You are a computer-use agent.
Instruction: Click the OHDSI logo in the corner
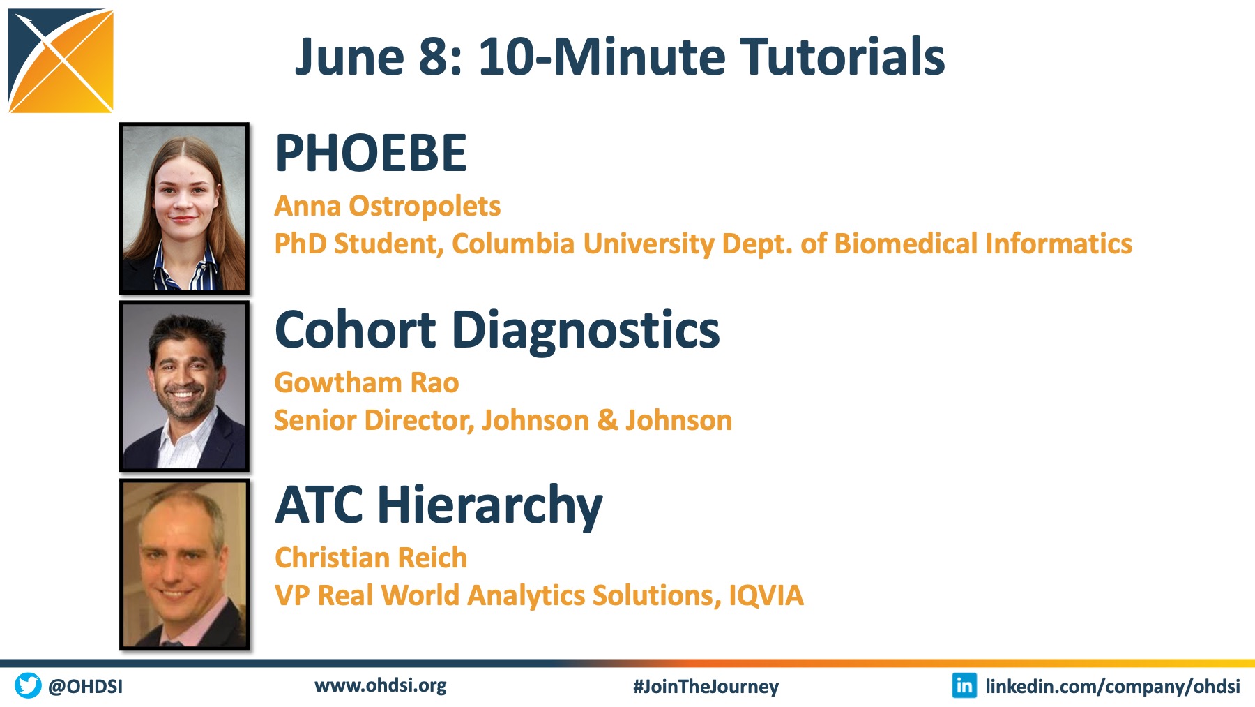[x=61, y=61]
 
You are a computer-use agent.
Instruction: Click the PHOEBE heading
[x=371, y=153]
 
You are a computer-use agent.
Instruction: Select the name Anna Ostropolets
[x=388, y=207]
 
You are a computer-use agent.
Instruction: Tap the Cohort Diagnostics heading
[x=497, y=329]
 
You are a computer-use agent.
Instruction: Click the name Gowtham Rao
[x=367, y=383]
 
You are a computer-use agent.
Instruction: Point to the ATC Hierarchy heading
[x=439, y=505]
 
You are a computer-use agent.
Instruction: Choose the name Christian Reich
[x=371, y=558]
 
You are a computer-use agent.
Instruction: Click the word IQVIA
[x=766, y=595]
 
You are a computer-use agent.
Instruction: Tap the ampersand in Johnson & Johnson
[x=607, y=420]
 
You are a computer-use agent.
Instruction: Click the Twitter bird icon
[x=28, y=685]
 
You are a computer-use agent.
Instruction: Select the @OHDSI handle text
[x=85, y=687]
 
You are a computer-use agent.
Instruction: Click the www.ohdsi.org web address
[x=381, y=685]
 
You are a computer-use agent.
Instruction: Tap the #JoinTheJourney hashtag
[x=706, y=687]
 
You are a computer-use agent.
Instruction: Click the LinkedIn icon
[x=964, y=685]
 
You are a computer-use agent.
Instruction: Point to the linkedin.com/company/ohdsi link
[x=1113, y=687]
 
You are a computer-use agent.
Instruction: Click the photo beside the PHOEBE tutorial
[x=184, y=208]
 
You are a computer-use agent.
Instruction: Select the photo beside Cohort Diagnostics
[x=184, y=386]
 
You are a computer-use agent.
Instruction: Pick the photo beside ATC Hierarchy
[x=184, y=564]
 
